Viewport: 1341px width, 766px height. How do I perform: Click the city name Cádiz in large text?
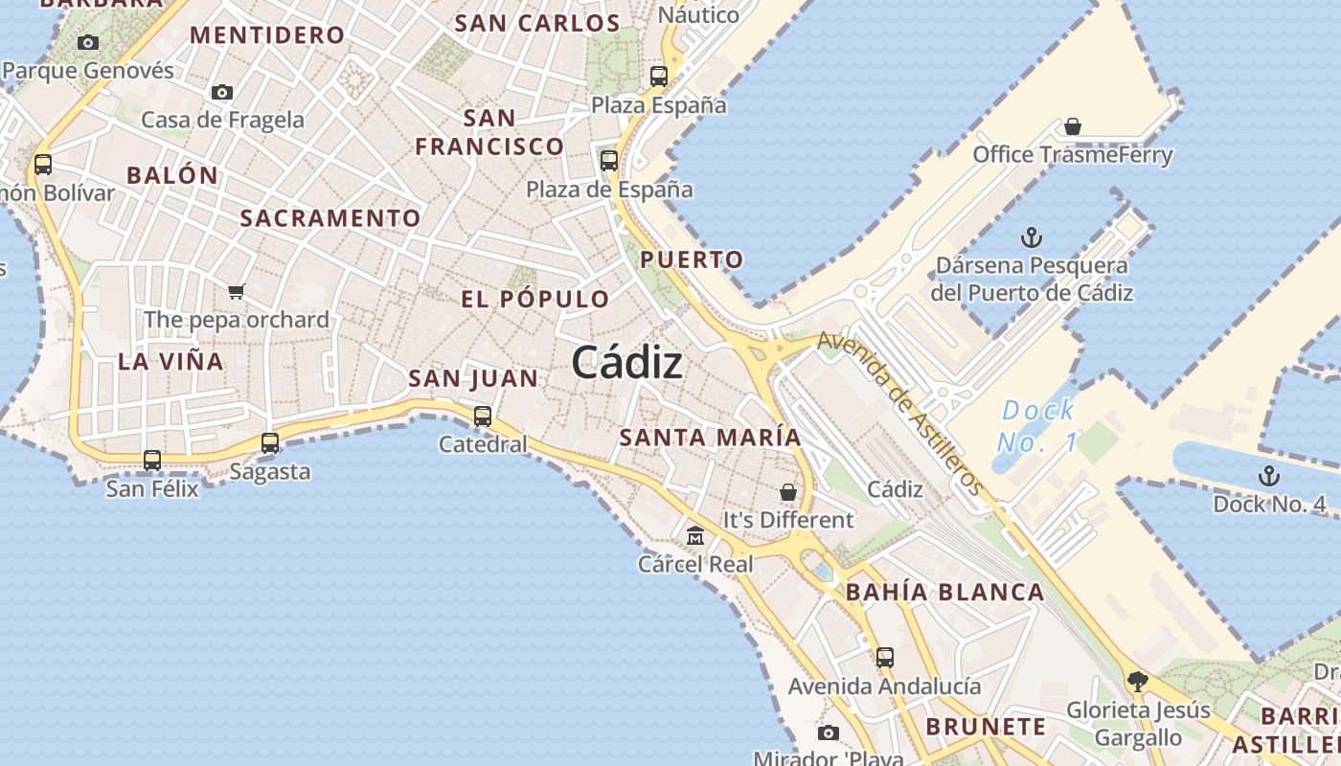point(627,363)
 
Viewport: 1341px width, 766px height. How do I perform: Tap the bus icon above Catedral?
point(483,417)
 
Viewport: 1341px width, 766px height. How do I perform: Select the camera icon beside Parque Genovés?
point(88,42)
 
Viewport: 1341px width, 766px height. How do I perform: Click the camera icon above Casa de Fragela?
point(222,92)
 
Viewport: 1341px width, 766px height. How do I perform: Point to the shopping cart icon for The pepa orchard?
point(236,291)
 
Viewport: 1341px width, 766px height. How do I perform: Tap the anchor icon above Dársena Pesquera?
point(1032,237)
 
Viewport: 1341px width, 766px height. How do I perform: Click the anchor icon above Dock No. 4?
point(1268,475)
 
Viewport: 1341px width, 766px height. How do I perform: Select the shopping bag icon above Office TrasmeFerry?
point(1073,126)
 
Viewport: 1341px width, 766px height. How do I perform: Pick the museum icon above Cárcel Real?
point(695,535)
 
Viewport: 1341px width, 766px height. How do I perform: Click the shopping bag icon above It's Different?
point(787,492)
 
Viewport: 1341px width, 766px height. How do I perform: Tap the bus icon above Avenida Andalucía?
point(884,658)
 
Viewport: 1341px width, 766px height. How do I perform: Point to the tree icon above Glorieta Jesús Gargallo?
point(1137,682)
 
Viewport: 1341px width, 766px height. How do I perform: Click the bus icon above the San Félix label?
point(152,461)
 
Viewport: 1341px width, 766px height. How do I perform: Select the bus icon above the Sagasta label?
point(270,443)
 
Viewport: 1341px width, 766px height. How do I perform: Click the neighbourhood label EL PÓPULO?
point(535,299)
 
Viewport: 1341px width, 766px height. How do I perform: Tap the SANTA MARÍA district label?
point(710,438)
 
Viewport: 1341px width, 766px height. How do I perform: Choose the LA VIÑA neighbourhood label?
point(170,362)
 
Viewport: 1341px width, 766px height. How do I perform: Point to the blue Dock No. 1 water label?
point(1036,426)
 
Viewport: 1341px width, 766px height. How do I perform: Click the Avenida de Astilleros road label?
point(900,413)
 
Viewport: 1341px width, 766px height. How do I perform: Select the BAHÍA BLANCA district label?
point(944,593)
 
